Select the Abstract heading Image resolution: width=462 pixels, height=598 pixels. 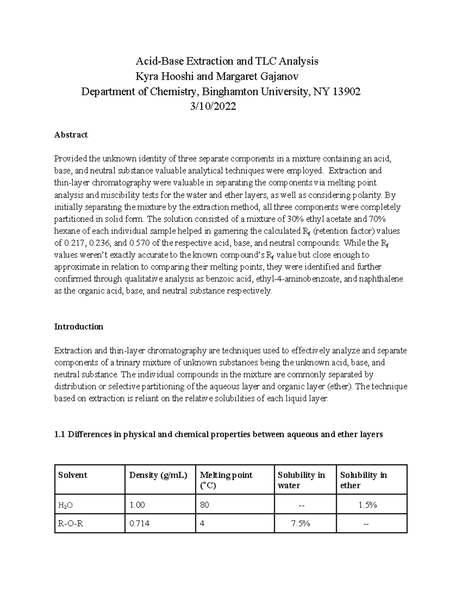[x=71, y=135]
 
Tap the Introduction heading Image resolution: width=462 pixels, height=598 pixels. [x=79, y=327]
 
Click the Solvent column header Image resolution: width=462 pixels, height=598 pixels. [x=73, y=475]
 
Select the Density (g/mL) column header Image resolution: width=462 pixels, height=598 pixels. [x=158, y=475]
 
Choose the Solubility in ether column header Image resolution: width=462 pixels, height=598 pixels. [x=363, y=480]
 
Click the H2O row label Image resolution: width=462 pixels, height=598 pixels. [x=65, y=505]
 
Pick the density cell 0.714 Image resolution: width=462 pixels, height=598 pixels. [x=139, y=524]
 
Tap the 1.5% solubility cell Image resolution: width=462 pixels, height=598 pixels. [x=367, y=505]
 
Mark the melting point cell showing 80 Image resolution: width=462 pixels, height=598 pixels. [x=204, y=505]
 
